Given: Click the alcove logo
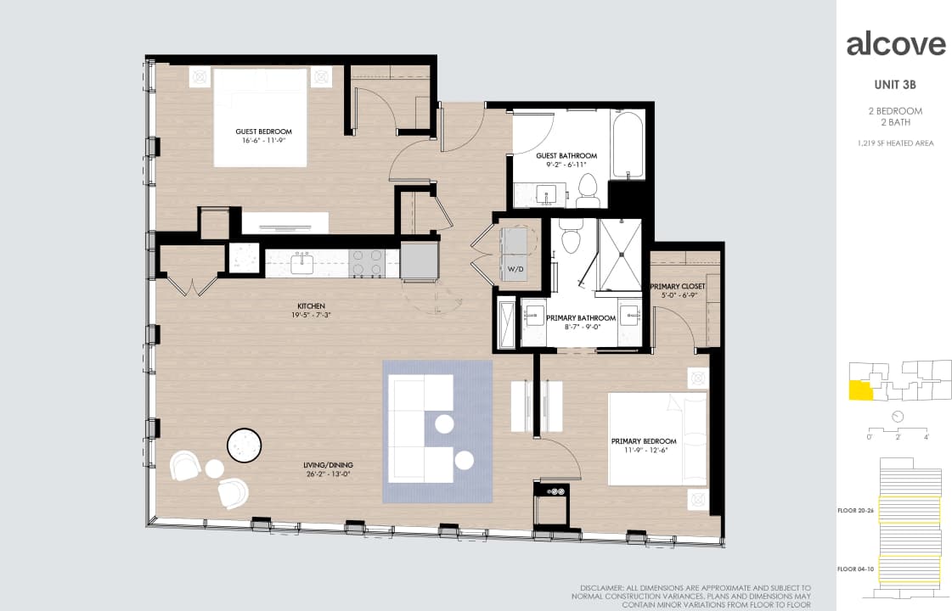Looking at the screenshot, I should [895, 45].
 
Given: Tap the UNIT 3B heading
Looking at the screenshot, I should [895, 85].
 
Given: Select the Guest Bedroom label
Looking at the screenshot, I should [263, 132].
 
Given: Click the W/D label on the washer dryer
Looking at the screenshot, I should [516, 269].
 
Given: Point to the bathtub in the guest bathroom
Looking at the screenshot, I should [628, 146].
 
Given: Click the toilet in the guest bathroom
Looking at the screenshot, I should [588, 190].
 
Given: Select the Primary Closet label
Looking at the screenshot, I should [678, 287].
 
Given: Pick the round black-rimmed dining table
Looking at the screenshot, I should [245, 444].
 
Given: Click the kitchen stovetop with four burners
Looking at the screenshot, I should [366, 263].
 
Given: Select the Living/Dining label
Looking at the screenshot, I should [328, 465].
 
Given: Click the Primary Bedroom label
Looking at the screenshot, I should [644, 441].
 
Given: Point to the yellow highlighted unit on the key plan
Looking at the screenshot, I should [859, 390].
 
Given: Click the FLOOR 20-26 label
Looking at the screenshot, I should [857, 511].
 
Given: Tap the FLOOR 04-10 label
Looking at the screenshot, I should [857, 569].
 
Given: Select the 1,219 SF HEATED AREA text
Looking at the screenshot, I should [895, 143].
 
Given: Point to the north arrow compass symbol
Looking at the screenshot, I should [898, 416].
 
